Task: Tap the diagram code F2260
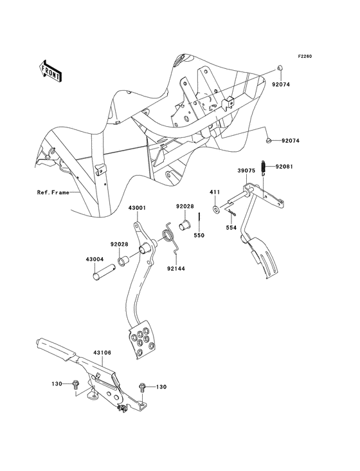(x=304, y=57)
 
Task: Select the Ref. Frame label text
(x=53, y=192)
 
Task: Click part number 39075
(x=248, y=170)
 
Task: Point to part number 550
(x=200, y=236)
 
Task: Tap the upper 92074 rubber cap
(x=280, y=69)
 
